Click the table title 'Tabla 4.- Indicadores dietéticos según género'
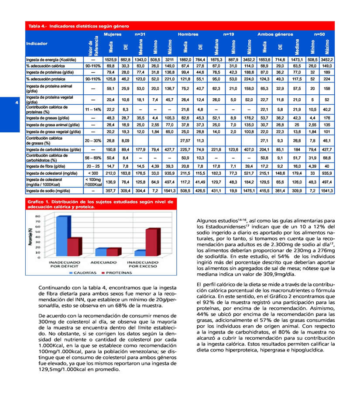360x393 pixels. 79,26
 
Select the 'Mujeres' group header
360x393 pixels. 112,34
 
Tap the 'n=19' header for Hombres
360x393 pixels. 229,34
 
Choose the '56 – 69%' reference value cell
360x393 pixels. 93,157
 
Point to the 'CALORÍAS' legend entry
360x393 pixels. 83,273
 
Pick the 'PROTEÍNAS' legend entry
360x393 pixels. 116,273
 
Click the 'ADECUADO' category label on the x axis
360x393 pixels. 103,262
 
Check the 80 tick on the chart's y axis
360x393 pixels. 38,217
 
